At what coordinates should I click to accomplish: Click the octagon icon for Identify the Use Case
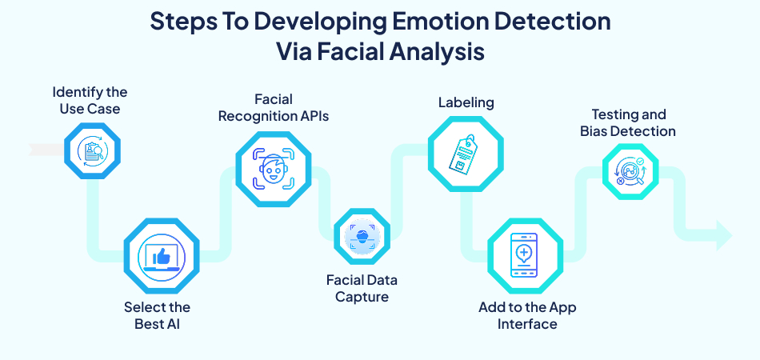(90, 150)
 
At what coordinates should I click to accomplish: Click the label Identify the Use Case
(90, 100)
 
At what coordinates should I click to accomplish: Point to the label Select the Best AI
(157, 315)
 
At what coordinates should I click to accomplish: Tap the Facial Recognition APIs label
(274, 108)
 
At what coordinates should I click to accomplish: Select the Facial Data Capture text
(362, 289)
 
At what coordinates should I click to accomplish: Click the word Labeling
(466, 102)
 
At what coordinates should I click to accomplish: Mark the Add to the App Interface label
(527, 316)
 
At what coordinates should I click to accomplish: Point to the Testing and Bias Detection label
(628, 123)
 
